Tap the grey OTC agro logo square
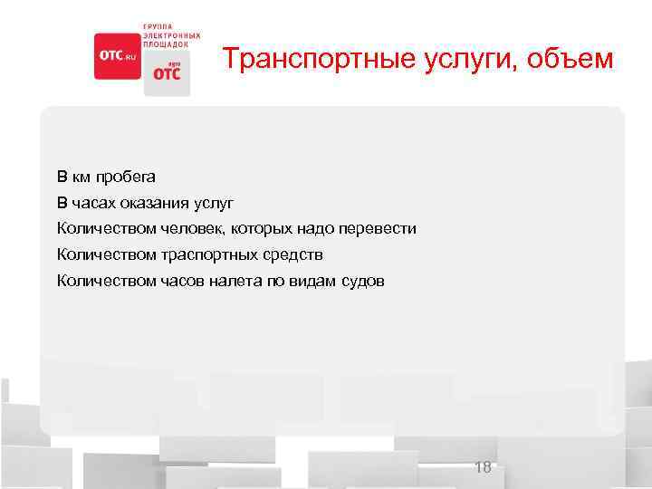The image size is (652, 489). pos(167,72)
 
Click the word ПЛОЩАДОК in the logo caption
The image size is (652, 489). pos(167,43)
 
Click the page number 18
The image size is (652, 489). pos(483,467)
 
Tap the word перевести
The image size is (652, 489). pos(380,228)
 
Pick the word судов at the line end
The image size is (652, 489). pos(363,281)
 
